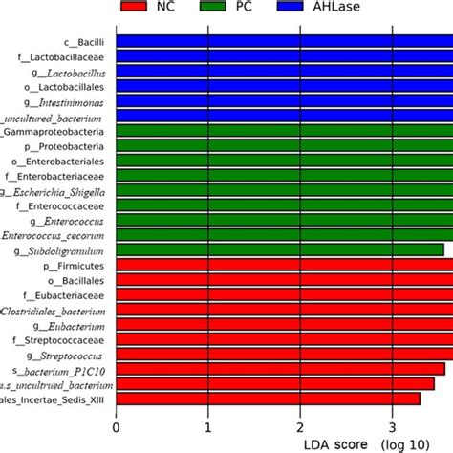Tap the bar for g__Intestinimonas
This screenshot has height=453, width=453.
[284, 100]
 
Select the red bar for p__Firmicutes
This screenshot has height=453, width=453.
[284, 265]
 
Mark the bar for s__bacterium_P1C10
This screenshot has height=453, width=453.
[280, 368]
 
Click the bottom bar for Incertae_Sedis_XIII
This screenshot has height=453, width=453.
[268, 398]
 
